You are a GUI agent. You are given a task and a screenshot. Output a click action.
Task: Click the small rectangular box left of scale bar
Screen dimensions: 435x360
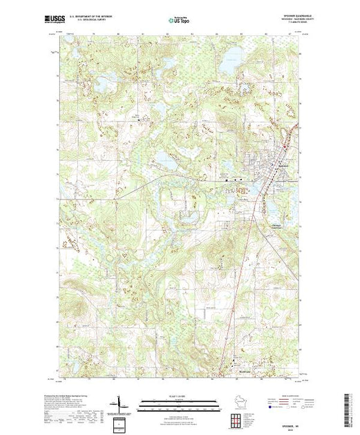(x=119, y=421)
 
